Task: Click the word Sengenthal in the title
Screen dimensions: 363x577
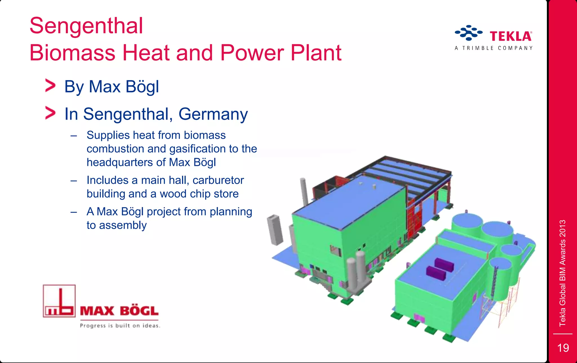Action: point(86,26)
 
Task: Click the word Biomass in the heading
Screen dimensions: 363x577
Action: point(72,53)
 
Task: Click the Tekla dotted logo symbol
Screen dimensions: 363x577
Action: point(469,33)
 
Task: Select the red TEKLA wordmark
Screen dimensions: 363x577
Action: point(511,36)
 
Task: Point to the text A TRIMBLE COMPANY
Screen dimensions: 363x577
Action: point(494,48)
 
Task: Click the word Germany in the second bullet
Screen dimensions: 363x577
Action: point(213,114)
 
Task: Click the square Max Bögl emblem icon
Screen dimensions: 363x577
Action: point(59,301)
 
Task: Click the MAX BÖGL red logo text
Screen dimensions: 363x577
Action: point(119,311)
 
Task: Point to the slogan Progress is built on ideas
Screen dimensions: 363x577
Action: point(120,326)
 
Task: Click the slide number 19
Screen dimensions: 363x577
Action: point(563,348)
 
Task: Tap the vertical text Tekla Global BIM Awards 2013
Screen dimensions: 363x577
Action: point(562,273)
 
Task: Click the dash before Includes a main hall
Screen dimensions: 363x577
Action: point(74,181)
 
